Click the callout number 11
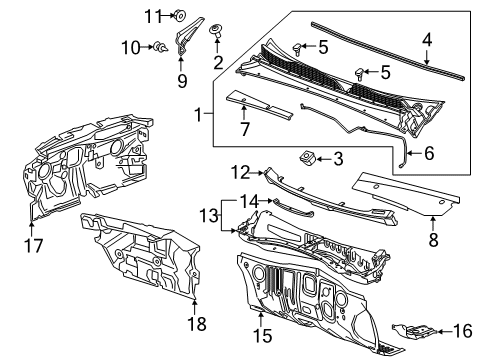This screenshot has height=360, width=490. point(152,15)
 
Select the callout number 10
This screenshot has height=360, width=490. point(129,46)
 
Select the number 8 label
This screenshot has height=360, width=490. point(432,239)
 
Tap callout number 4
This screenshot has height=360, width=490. point(426,41)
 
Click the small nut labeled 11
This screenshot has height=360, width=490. point(179,15)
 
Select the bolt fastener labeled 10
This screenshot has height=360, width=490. point(157,46)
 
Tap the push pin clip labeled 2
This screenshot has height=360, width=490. point(216,33)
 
